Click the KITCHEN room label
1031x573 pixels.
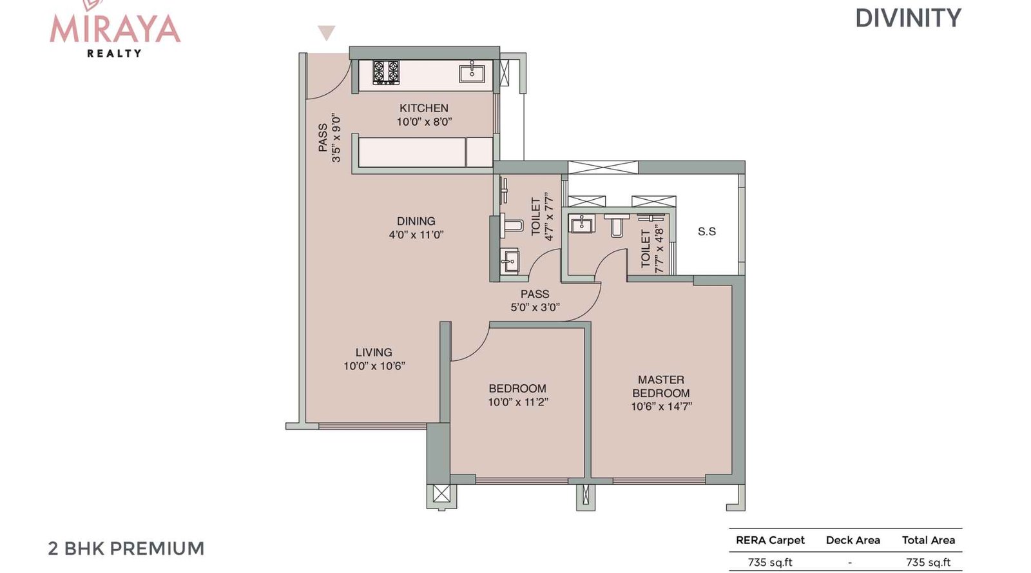click(x=423, y=108)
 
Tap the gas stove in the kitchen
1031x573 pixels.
click(x=386, y=73)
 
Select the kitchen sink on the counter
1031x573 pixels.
click(x=472, y=73)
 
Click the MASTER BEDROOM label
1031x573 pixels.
click(x=660, y=386)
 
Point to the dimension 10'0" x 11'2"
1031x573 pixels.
click(x=517, y=402)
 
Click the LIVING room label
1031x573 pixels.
click(x=374, y=353)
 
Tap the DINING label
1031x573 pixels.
click(x=416, y=221)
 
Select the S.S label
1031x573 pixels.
click(x=706, y=231)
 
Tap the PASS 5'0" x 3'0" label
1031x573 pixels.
click(x=535, y=300)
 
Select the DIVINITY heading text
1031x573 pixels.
click(x=907, y=18)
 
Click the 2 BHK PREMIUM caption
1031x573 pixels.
click(x=126, y=549)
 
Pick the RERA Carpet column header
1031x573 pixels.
click(x=770, y=540)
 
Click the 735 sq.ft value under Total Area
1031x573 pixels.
click(x=928, y=562)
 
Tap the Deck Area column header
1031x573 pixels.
click(x=853, y=540)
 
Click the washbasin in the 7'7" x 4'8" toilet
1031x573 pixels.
click(x=582, y=224)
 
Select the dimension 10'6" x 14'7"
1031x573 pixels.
click(x=660, y=407)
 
